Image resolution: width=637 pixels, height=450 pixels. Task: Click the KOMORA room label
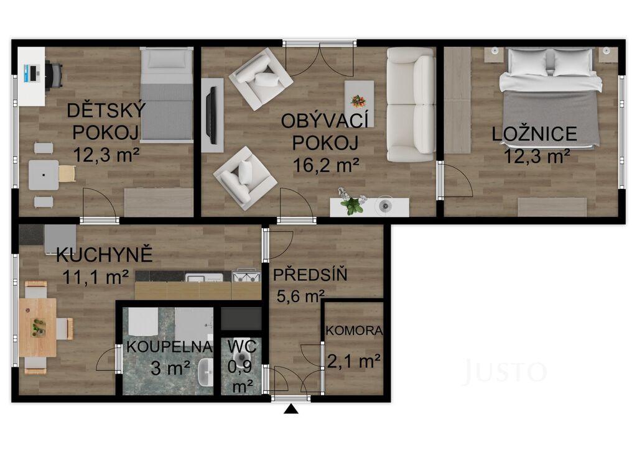pos(354,331)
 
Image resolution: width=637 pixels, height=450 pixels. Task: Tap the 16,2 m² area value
pos(326,165)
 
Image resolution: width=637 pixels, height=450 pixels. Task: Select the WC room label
pos(242,347)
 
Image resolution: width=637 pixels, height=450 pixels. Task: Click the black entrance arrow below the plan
pos(291,409)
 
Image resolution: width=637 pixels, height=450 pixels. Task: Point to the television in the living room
pos(211,115)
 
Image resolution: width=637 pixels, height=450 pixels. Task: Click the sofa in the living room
pos(411,104)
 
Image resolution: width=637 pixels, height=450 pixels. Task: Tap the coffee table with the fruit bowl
pos(359,101)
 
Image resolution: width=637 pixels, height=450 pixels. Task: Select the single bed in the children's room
pos(167,95)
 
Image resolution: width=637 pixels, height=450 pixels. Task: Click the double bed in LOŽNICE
pos(551,98)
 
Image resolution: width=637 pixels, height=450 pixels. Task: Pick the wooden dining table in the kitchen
pos(37,328)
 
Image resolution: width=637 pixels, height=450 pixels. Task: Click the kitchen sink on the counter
pos(204,277)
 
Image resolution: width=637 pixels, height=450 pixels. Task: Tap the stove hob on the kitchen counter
pos(246,276)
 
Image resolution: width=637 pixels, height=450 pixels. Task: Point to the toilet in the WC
pos(244,358)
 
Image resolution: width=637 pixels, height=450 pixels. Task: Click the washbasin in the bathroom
pos(205,372)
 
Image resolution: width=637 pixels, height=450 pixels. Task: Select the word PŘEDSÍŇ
pos(310,275)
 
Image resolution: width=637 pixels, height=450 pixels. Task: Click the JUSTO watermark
pos(505,371)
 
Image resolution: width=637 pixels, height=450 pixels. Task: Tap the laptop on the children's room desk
pos(31,73)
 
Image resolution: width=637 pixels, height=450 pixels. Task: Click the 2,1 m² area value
pos(354,360)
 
